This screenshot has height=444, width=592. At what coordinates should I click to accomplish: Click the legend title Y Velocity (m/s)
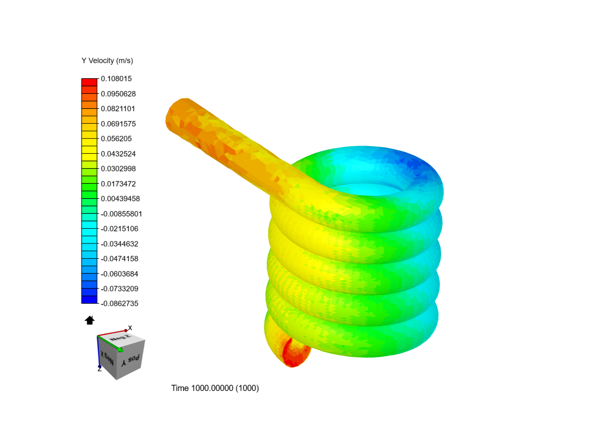point(107,61)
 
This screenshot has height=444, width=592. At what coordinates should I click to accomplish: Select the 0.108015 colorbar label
point(116,79)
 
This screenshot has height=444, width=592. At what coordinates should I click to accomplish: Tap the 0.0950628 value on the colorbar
point(118,94)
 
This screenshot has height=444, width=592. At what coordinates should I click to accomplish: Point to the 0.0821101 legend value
point(118,109)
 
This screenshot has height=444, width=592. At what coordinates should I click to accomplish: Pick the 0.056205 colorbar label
point(116,139)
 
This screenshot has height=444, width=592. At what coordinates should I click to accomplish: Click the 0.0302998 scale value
point(118,169)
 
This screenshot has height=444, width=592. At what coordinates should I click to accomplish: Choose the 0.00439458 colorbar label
point(120,199)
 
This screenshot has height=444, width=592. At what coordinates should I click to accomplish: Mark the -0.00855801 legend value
point(121,214)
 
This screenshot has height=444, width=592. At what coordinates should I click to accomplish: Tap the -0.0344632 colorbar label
point(120,244)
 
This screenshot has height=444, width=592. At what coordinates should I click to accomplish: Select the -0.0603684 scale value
point(120,274)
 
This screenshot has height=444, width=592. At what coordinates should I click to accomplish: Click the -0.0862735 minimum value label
point(120,303)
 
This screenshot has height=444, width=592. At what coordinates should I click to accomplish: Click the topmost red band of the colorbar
point(89,82)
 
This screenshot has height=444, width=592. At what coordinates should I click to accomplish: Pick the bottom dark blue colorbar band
point(89,300)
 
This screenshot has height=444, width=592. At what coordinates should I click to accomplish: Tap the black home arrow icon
point(90,320)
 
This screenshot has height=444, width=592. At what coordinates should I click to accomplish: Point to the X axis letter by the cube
point(130,328)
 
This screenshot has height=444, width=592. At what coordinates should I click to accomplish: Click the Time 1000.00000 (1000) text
point(215,388)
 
